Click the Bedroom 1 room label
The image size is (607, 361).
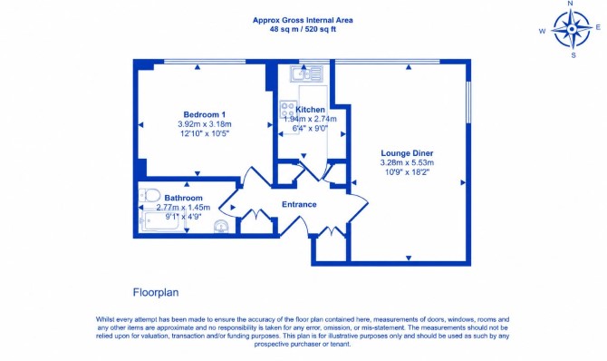[x=205, y=115]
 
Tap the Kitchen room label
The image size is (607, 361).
[x=310, y=110]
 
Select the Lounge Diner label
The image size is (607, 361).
[x=407, y=153]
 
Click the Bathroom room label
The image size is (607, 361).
[x=184, y=198]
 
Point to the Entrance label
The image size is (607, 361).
[x=299, y=204]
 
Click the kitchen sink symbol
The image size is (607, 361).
[x=306, y=73]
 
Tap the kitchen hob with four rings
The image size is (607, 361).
[x=288, y=110]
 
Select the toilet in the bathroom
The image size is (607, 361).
[x=149, y=195]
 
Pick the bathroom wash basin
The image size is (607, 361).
[x=221, y=226]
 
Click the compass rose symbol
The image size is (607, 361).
[x=572, y=29]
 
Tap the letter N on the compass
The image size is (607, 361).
[x=570, y=4]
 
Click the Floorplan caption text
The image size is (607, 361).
[x=156, y=292]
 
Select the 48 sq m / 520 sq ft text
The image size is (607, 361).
[x=303, y=29]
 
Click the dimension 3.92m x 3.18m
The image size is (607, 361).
[x=205, y=124]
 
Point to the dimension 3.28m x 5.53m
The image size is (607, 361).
[x=407, y=163]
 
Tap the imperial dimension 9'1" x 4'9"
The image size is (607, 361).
[x=184, y=217]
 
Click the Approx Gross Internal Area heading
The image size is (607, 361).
[x=303, y=20]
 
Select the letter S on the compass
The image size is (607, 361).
[x=573, y=55]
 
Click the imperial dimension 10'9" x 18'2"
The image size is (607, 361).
[x=407, y=172]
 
